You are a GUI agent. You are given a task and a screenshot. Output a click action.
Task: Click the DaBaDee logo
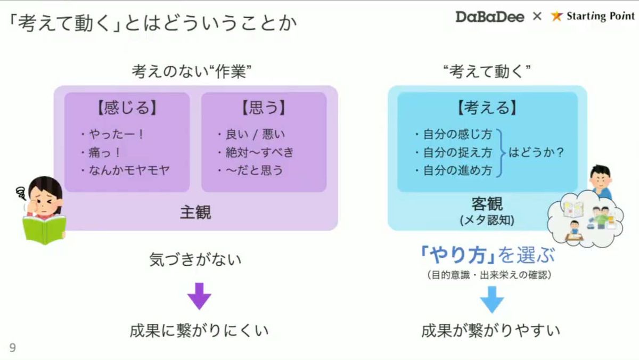click(489, 17)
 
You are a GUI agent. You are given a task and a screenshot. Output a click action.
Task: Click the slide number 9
click(12, 348)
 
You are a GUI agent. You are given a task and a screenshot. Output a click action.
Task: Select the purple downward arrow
click(199, 296)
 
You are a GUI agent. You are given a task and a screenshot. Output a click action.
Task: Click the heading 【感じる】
click(127, 108)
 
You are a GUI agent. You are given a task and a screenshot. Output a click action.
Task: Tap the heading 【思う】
click(264, 108)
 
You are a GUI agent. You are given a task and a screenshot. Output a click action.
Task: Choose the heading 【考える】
click(487, 108)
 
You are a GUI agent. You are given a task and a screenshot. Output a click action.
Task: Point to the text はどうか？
click(536, 153)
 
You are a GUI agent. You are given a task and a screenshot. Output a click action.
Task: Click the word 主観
click(195, 212)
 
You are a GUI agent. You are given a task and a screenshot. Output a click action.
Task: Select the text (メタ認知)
click(487, 220)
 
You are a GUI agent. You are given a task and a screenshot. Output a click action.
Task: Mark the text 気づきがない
click(195, 260)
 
